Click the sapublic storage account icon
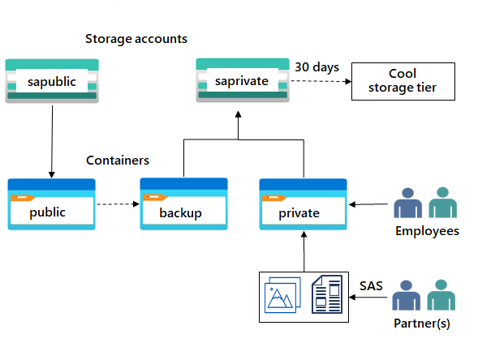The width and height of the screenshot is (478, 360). point(52,80)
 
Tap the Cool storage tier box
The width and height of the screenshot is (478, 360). point(403,80)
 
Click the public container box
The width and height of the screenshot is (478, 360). point(52,204)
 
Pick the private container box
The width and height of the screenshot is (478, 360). point(303,204)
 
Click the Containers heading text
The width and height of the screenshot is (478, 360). point(118,161)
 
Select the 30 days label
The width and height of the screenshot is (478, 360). point(317,67)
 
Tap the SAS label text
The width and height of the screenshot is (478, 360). point(371,285)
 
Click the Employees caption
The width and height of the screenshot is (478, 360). point(427,231)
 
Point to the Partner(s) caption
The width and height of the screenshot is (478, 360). point(421,324)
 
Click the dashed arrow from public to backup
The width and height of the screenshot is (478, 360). point(117,204)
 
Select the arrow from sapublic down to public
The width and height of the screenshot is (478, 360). point(52,139)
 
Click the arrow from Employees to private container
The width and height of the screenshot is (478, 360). point(370,204)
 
